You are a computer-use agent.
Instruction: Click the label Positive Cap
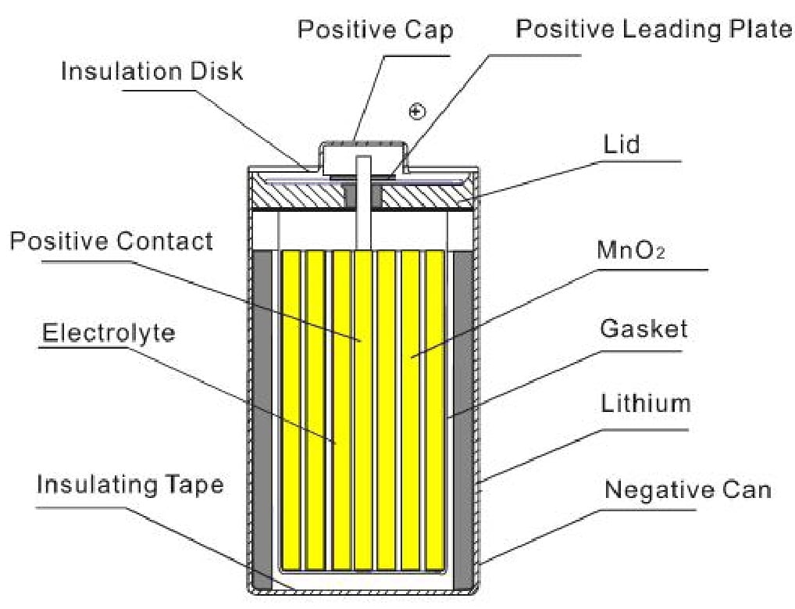pos(375,30)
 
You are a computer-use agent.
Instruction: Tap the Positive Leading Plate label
pos(654,30)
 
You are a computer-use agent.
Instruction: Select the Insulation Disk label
pos(152,71)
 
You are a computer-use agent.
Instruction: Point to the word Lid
pos(622,145)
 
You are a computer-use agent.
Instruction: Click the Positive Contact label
pos(111,240)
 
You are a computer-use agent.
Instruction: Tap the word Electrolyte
pos(109,333)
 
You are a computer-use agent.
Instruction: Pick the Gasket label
pos(643,328)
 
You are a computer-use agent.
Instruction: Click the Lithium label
pos(645,403)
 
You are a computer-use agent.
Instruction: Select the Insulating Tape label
pos(130,484)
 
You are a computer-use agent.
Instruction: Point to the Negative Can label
pos(687,490)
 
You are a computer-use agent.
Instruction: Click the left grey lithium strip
pos(265,414)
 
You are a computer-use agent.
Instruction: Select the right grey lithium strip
pos(463,414)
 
